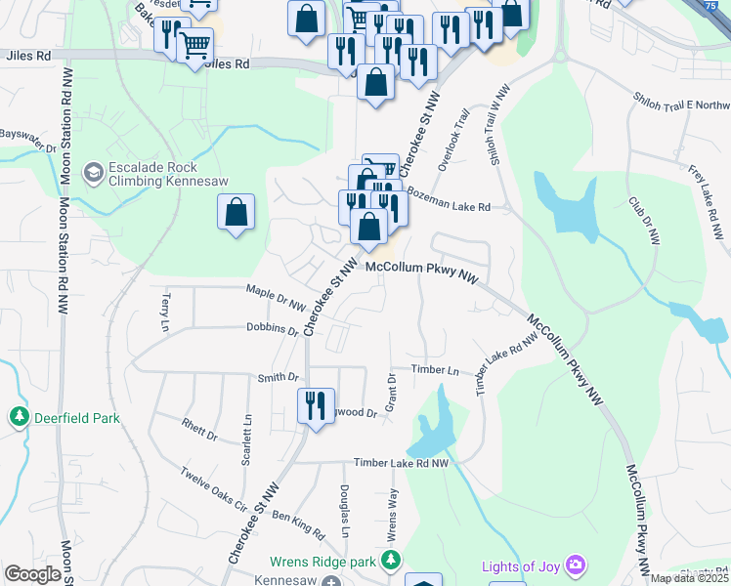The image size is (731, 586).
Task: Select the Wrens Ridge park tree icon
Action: coord(391,561)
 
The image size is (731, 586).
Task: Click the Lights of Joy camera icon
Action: coord(577,565)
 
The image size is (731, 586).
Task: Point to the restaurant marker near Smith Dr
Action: coord(314,406)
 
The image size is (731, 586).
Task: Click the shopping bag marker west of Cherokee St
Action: coord(236,213)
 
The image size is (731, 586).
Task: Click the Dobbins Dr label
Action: coord(272,330)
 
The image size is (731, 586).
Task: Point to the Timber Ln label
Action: coord(435,370)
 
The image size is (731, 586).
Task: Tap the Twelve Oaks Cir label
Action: coord(210,489)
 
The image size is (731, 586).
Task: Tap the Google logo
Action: coord(33,574)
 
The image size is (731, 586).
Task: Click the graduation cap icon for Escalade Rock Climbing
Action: coord(93,173)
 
